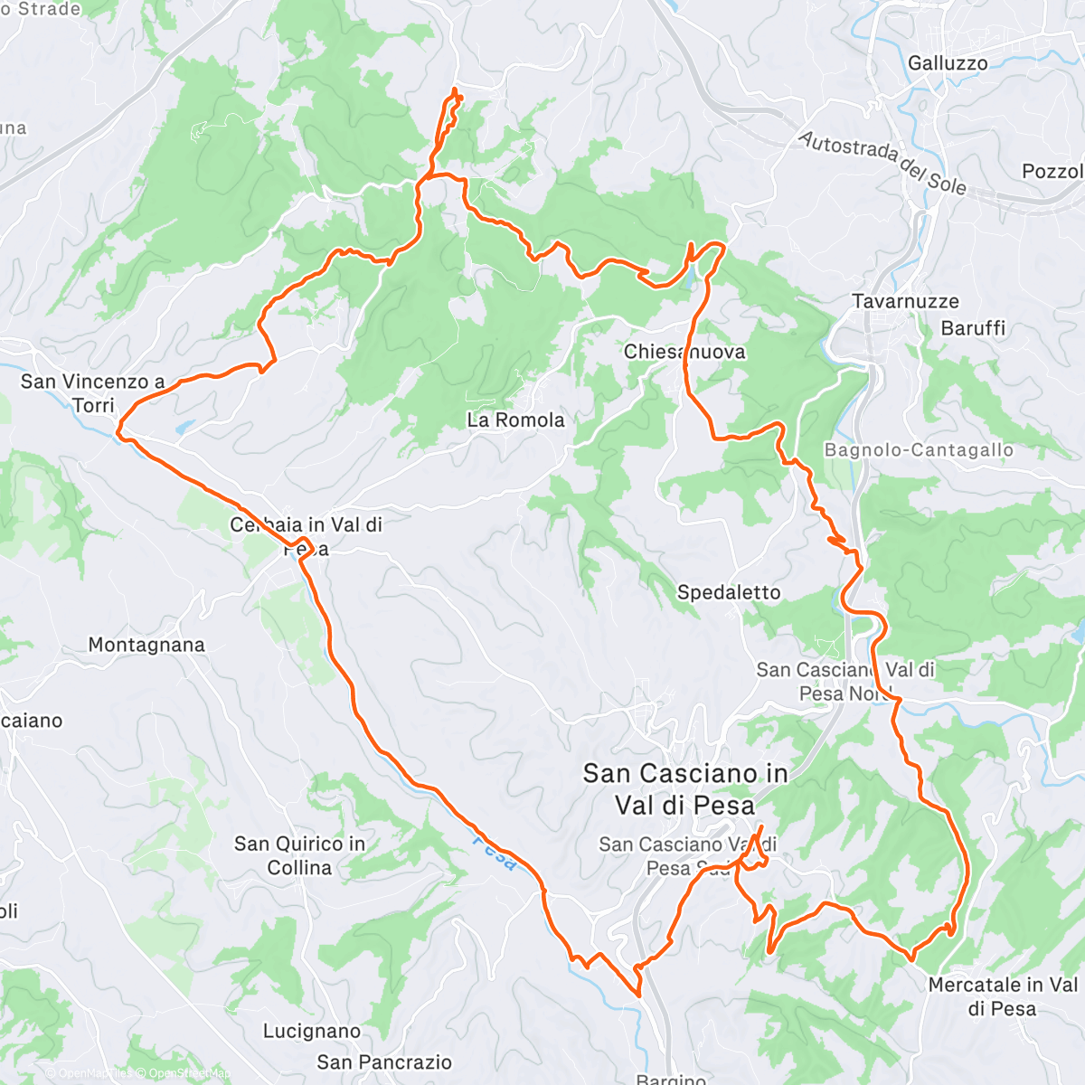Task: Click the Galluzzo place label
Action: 948,63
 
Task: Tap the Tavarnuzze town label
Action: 905,301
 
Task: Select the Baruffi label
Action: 973,328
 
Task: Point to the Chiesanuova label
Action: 684,352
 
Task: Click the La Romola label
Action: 515,420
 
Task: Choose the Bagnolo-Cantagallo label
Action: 919,450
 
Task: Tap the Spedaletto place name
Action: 729,592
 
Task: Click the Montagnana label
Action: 146,645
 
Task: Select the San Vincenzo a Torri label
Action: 93,393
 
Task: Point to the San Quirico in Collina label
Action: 299,855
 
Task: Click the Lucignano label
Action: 312,1031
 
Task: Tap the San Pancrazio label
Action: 384,1062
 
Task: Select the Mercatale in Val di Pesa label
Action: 1003,996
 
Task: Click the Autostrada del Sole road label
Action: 882,163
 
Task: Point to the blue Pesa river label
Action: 495,853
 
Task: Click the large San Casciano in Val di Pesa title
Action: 684,788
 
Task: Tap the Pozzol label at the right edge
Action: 1052,171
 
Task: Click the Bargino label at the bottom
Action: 671,1079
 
